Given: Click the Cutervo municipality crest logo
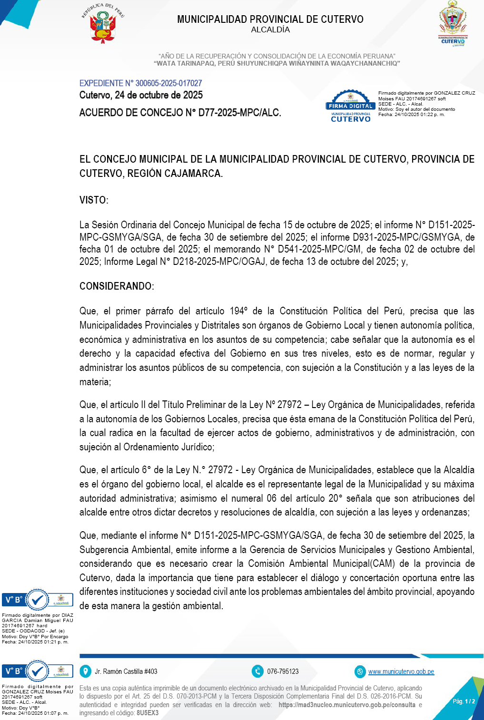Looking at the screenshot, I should (453, 24).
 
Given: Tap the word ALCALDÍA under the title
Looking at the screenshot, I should (270, 30).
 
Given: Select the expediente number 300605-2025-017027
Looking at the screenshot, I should (168, 83).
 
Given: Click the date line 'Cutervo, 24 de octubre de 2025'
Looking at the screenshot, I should (141, 95).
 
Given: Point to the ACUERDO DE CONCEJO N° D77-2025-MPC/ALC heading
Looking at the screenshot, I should (180, 113).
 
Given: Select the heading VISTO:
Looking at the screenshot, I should (94, 200).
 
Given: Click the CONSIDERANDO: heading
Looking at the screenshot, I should (117, 286).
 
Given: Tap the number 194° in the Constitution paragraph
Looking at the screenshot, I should (238, 311).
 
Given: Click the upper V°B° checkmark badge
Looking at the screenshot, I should (37, 600).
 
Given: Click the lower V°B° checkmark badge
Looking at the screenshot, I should (37, 671).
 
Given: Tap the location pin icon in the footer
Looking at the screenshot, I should (85, 671).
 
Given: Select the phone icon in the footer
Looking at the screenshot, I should (257, 671).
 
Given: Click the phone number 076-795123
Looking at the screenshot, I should (283, 671).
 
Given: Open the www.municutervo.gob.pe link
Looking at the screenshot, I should (401, 671).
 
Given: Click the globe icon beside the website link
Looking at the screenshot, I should (360, 671).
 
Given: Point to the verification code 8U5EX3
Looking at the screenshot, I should (148, 713).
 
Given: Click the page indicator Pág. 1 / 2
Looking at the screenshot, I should (464, 701).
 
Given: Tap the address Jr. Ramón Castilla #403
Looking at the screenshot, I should (126, 671).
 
